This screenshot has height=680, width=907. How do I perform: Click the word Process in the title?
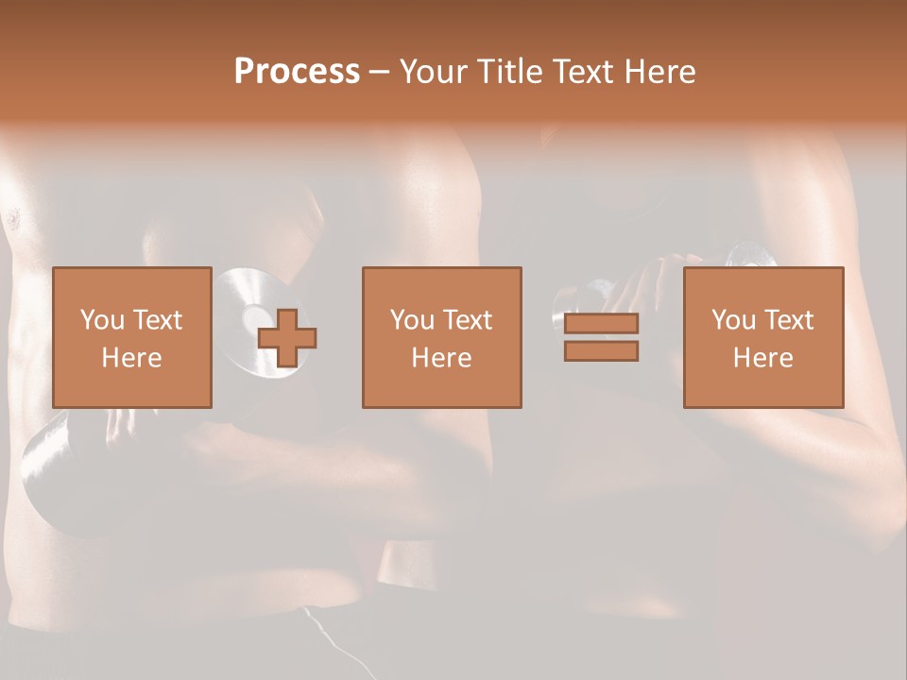click(297, 72)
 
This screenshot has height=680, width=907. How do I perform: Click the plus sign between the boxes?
click(287, 337)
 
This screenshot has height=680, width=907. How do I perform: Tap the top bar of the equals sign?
click(601, 323)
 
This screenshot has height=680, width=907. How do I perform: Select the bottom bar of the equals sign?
click(601, 351)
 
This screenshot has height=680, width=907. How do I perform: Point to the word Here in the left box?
click(131, 357)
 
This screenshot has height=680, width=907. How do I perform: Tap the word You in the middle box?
click(411, 319)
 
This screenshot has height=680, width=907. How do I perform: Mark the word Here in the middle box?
click(441, 357)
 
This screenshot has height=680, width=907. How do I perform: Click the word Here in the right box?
click(762, 357)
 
